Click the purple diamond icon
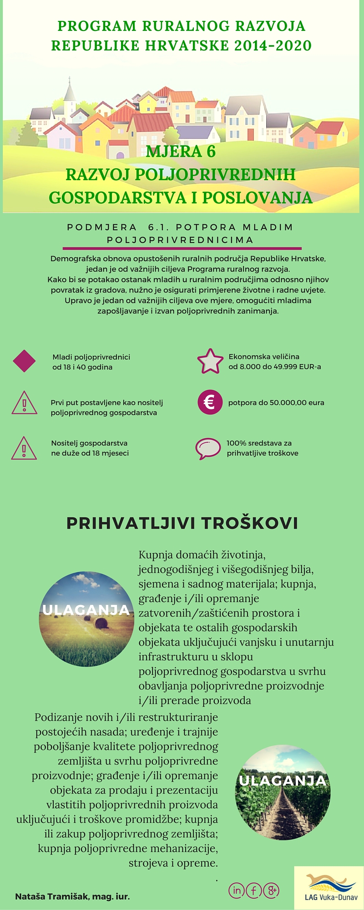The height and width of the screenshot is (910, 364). point(24,361)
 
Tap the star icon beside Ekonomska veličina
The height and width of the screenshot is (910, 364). point(210,361)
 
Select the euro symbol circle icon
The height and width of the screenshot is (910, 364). point(210,402)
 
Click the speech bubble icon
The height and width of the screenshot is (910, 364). point(208,448)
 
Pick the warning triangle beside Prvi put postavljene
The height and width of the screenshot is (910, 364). point(24,403)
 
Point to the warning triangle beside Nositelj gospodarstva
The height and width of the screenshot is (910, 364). point(24,448)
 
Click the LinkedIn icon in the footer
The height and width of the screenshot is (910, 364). point(236,890)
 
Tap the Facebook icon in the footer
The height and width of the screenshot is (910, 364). point(253,890)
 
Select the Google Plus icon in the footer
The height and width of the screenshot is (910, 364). point(271,890)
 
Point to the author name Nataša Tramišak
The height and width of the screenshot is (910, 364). point(72,896)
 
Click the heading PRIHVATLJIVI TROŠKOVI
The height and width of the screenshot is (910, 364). point(182,523)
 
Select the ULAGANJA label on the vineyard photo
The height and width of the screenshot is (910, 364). point(283,781)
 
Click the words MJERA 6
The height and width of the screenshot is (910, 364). point(181,152)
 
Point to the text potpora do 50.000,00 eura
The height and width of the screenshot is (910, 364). point(276,403)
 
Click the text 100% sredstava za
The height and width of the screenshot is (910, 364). point(259,443)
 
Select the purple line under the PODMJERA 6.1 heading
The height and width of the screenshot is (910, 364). point(182,248)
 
